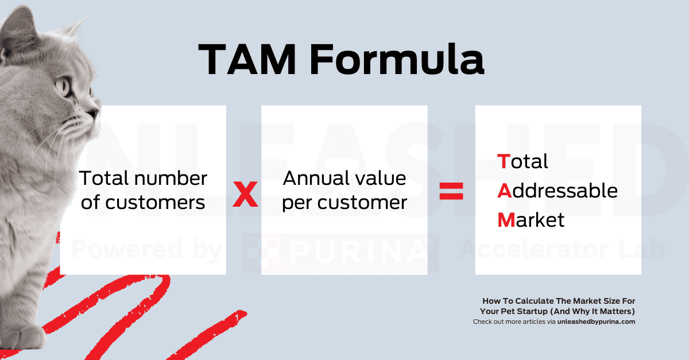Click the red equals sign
coord(451,191)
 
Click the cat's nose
coord(96,109)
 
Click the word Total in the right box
coord(522,161)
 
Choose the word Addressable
coord(557,190)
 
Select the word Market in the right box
coord(531,219)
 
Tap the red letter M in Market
coord(506,219)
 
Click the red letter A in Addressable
coord(504,190)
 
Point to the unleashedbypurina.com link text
coord(596,322)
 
